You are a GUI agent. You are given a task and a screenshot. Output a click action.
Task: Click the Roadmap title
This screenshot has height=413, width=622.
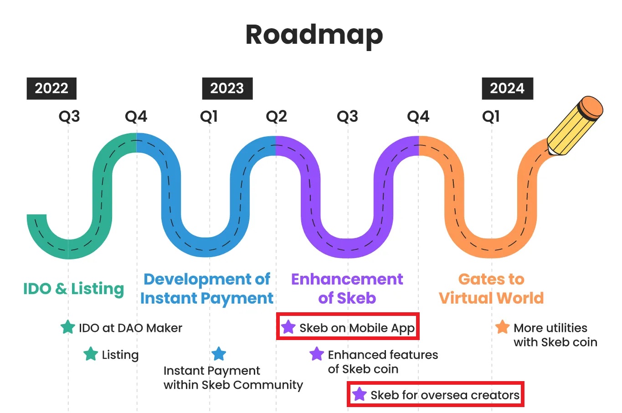[x=314, y=36]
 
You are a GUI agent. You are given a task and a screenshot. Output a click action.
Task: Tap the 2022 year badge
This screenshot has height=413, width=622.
[x=51, y=88]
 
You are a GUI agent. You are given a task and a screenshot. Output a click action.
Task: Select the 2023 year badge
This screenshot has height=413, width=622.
[x=227, y=88]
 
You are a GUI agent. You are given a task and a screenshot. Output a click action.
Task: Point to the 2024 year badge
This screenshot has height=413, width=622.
[x=507, y=88]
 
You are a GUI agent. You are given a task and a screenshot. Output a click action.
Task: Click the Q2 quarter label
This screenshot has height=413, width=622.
[x=276, y=116]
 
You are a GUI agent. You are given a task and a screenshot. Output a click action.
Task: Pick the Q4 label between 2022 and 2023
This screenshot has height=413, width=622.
[x=136, y=116]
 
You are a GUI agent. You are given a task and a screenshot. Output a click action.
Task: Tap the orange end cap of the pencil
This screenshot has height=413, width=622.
[x=591, y=108]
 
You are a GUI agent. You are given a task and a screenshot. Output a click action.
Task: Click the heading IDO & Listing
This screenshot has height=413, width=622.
[x=73, y=289]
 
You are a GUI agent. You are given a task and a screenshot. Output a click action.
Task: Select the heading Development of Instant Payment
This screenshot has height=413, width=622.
[x=207, y=289]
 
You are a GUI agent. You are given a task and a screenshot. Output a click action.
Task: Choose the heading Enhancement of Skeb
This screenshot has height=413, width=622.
[x=347, y=289]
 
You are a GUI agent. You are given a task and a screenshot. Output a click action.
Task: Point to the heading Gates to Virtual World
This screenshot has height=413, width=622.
[x=491, y=289]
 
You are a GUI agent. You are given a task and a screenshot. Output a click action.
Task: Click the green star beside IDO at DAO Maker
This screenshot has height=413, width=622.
[x=68, y=327]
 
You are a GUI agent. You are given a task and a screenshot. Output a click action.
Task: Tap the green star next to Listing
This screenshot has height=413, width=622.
[x=91, y=354]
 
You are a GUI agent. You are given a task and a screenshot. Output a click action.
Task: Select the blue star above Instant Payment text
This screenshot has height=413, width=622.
[x=219, y=354]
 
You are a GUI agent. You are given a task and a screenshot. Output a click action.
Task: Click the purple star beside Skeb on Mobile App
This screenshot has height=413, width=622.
[x=288, y=327]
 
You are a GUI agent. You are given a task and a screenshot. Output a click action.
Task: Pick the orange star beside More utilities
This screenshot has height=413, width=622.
[x=502, y=327]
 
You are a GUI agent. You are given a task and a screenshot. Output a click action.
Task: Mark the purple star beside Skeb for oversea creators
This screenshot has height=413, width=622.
[x=360, y=394]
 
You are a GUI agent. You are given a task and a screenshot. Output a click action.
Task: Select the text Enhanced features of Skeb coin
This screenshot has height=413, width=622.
[x=383, y=362]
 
